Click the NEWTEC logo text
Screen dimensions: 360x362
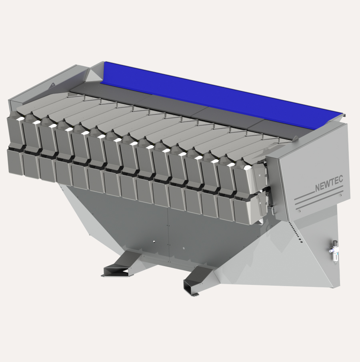click(x=329, y=183)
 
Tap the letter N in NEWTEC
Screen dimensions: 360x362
click(x=318, y=188)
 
